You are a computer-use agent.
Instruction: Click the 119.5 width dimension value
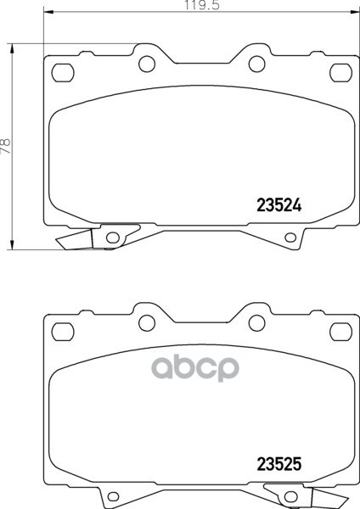[202, 6]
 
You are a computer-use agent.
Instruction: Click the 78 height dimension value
[6, 146]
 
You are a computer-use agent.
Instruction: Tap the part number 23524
[279, 205]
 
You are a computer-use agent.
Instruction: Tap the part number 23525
[279, 464]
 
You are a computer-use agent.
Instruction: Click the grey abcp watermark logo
[195, 368]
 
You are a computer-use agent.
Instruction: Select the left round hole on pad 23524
[147, 64]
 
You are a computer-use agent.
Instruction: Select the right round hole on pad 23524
[257, 64]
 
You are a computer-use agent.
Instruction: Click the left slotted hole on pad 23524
[63, 73]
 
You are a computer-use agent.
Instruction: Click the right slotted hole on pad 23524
[340, 73]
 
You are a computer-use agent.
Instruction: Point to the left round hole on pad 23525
[147, 322]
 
